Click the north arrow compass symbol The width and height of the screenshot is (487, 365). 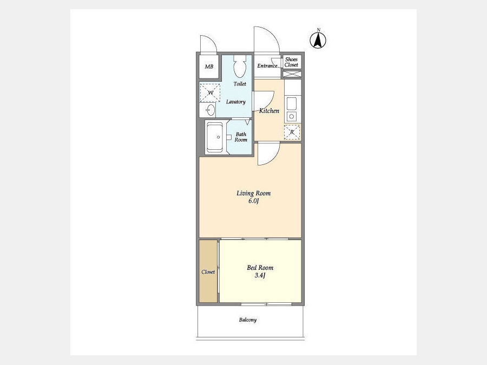click(x=318, y=39)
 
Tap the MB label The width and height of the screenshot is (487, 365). click(x=209, y=67)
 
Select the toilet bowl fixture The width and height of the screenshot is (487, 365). click(x=240, y=67)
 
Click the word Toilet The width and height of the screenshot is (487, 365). click(x=240, y=84)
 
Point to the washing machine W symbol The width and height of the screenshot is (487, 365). click(x=209, y=93)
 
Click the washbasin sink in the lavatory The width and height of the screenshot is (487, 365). click(x=210, y=110)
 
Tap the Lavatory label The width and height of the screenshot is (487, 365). click(x=236, y=102)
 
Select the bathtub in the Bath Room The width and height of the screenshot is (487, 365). click(x=215, y=137)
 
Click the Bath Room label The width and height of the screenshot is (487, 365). click(x=241, y=137)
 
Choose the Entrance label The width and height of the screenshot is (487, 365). click(x=267, y=66)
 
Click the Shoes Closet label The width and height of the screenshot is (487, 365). click(x=291, y=62)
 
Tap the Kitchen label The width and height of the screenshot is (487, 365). click(x=269, y=111)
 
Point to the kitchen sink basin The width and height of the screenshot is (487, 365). click(x=292, y=104)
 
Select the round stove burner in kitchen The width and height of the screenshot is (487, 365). click(x=292, y=117)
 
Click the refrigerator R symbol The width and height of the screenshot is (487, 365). click(x=292, y=132)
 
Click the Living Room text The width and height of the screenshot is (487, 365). click(x=253, y=194)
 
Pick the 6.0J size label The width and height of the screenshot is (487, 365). click(x=253, y=201)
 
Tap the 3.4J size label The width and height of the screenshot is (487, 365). click(x=260, y=275)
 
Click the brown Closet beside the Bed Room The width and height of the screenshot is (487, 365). click(x=208, y=271)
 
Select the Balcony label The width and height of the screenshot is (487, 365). click(x=248, y=320)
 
